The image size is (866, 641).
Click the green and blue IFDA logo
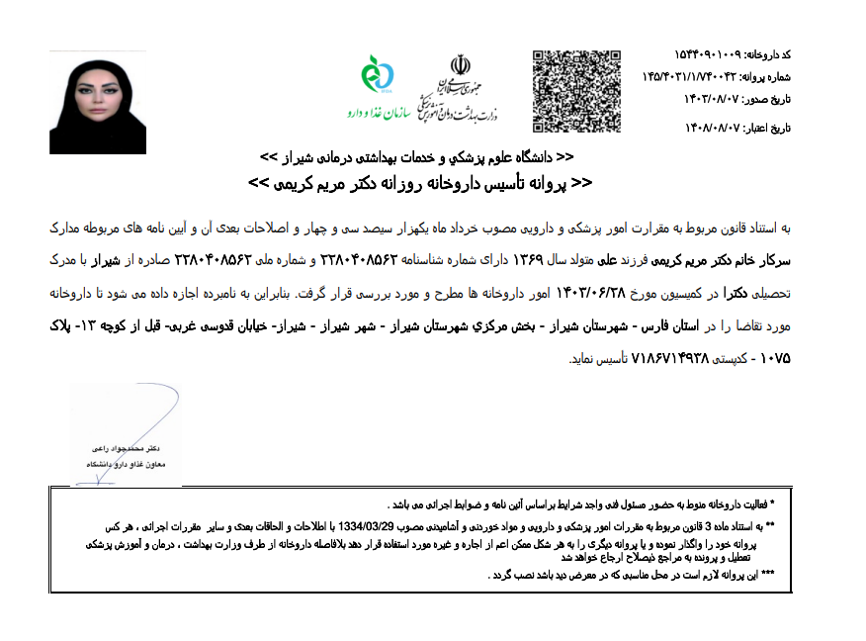[379, 74]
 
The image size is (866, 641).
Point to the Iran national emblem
[461, 66]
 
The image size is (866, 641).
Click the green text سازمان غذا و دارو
[379, 114]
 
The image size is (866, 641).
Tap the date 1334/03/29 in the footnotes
[416, 525]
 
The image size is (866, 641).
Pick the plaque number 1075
[771, 358]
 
